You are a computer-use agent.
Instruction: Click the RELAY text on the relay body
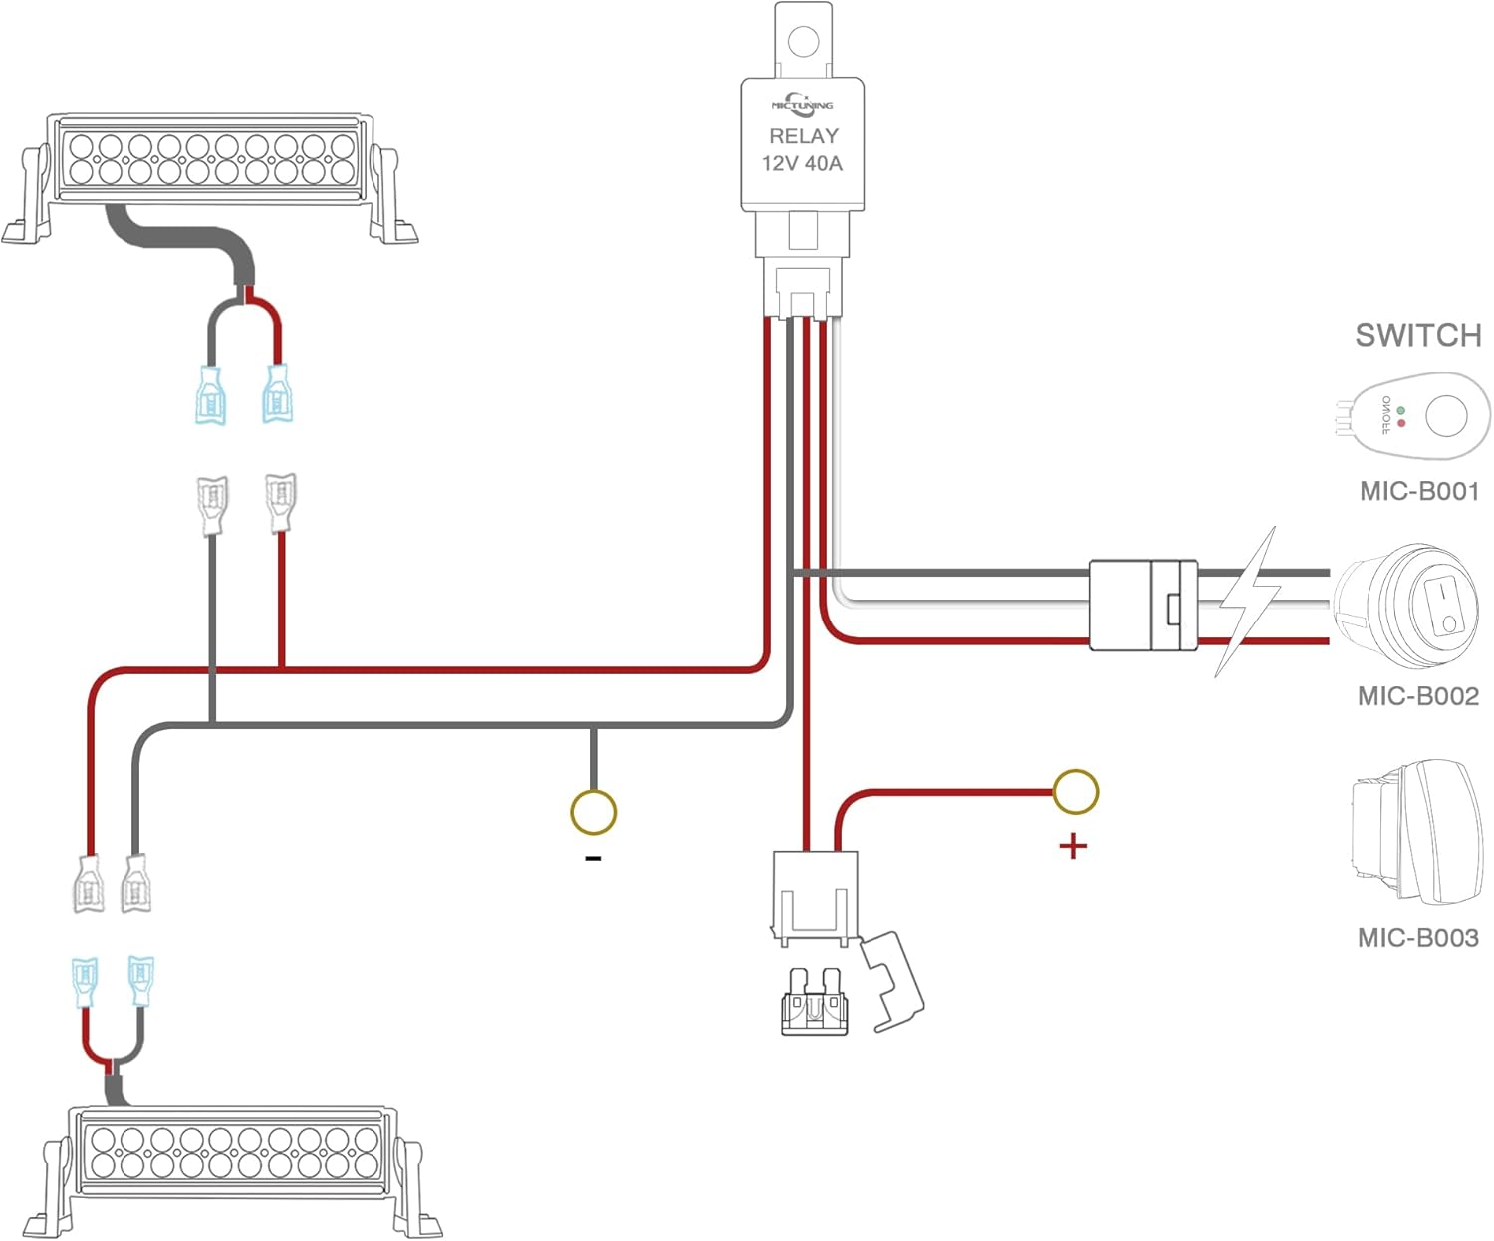(x=803, y=136)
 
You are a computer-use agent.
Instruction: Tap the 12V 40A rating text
(x=802, y=164)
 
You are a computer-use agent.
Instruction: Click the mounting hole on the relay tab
(x=802, y=42)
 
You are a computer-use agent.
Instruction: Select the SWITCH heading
(x=1417, y=336)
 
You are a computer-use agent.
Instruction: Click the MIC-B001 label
(x=1418, y=491)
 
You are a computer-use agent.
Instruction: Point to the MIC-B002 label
(x=1417, y=696)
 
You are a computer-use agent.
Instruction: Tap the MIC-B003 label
(x=1417, y=938)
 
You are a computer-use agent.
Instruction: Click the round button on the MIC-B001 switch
(x=1445, y=415)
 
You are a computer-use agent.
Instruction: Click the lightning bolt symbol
(x=1245, y=604)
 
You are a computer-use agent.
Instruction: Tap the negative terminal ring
(x=593, y=812)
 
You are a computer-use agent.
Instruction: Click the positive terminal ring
(x=1075, y=792)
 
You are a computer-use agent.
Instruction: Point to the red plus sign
(x=1072, y=847)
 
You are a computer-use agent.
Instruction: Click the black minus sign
(x=593, y=858)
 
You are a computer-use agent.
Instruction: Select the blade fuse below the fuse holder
(x=814, y=1002)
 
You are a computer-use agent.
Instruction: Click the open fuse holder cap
(x=892, y=981)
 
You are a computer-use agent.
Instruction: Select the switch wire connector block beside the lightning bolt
(x=1142, y=606)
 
